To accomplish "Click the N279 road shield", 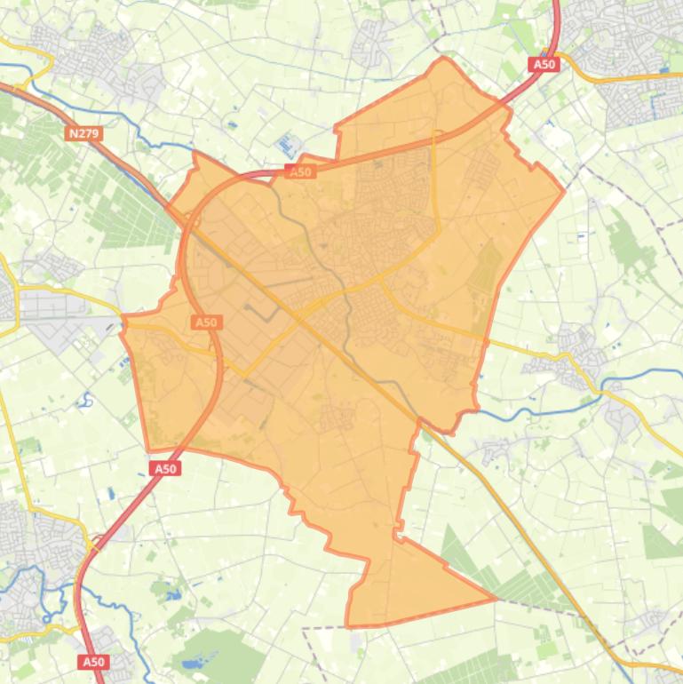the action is tap(84, 133).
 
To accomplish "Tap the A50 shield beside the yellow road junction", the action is tap(544, 64).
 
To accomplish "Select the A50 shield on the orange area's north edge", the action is tap(301, 171).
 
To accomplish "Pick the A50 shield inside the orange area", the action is tap(206, 322).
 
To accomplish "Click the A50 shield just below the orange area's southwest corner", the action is tap(166, 468).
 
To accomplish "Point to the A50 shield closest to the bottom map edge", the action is tap(92, 662).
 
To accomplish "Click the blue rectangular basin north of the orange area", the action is tap(288, 143).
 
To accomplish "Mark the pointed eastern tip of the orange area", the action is tap(563, 190).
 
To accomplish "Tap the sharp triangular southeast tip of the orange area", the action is tap(495, 598).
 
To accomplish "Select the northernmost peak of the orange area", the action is tap(444, 59).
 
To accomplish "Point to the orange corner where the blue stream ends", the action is tap(195, 153).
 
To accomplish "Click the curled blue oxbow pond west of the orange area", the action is tap(86, 399).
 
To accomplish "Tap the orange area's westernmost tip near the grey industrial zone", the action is tap(123, 318).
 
